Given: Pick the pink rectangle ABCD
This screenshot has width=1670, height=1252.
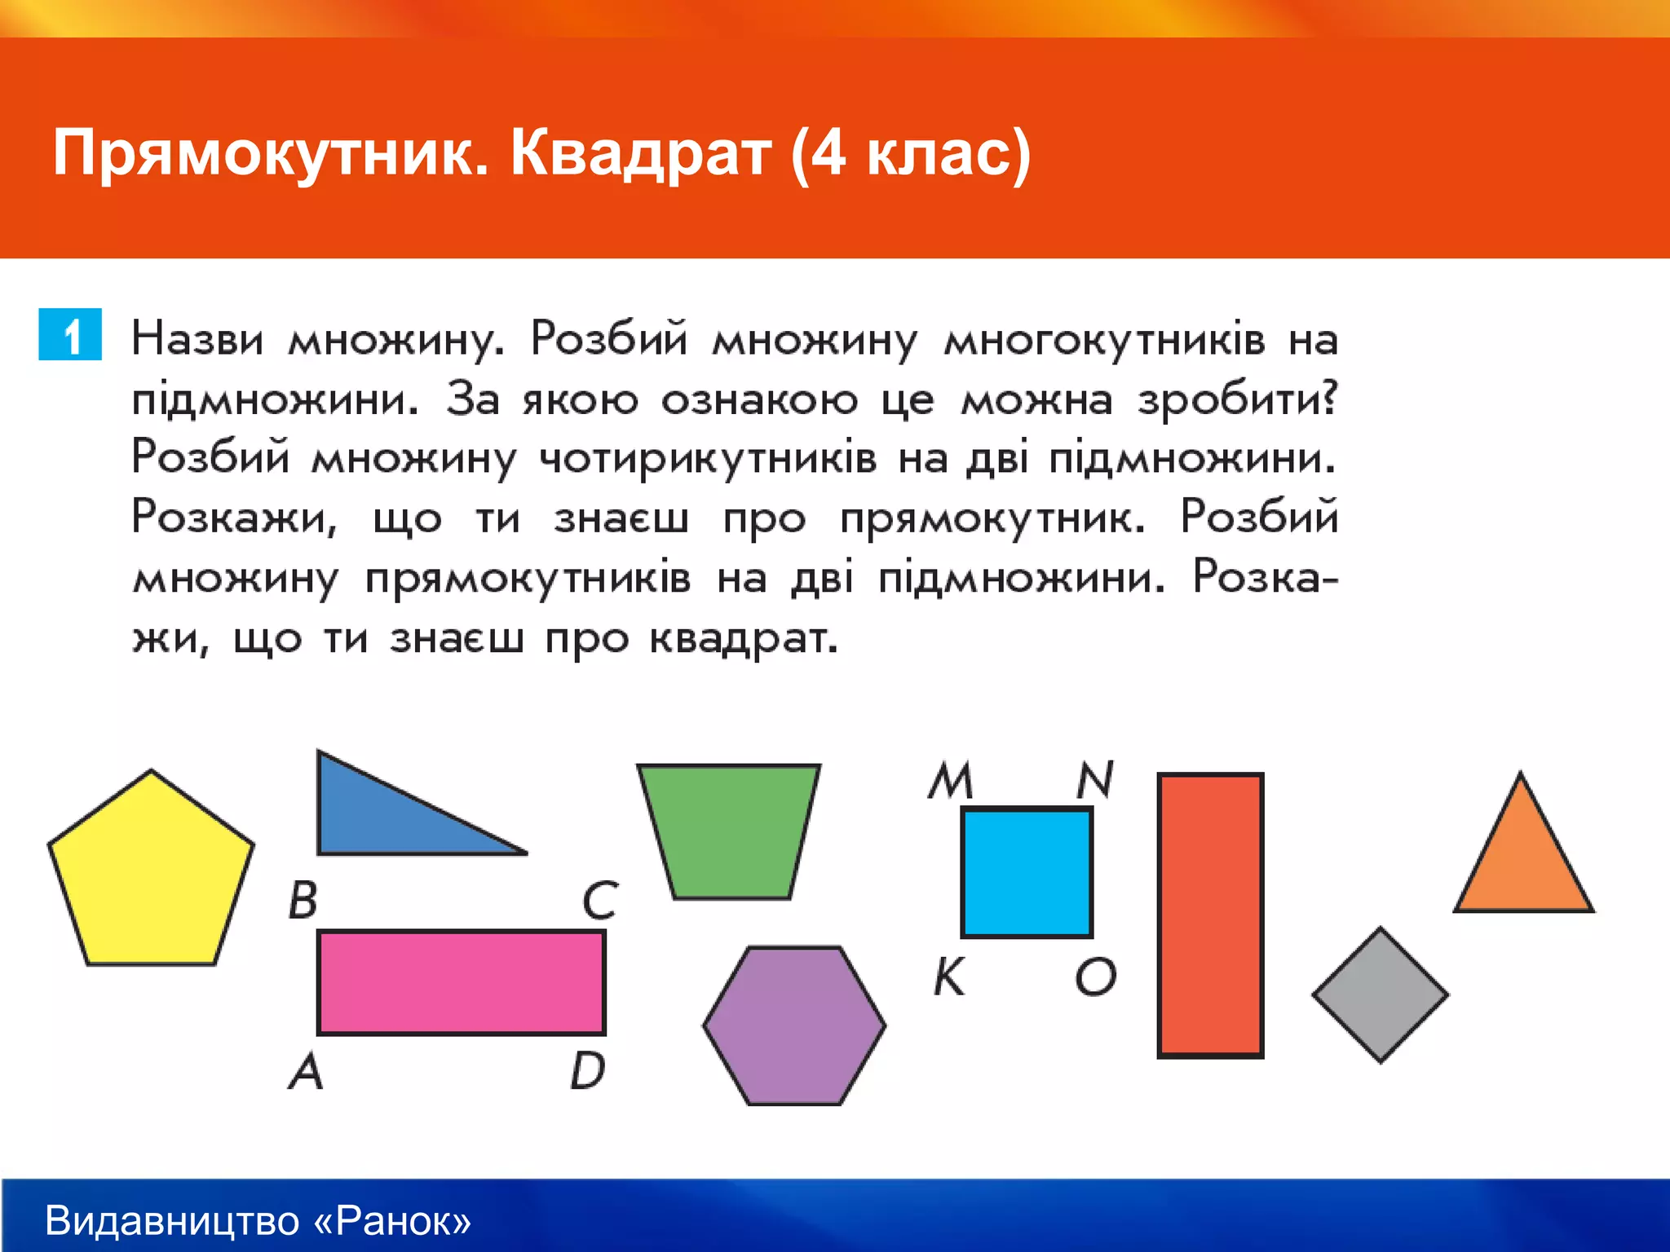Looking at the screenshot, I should click(461, 982).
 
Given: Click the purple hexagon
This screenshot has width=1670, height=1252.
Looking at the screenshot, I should click(794, 1025).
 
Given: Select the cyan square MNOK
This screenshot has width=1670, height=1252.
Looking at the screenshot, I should click(1027, 872).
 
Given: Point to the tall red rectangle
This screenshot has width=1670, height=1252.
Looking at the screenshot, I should click(1210, 915).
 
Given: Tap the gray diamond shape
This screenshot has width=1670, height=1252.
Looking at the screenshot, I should click(1380, 995).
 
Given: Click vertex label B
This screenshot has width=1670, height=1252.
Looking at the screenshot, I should click(303, 901).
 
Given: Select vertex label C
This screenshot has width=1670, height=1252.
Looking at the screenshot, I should click(600, 901).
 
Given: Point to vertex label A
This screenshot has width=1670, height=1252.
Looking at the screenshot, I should click(307, 1070).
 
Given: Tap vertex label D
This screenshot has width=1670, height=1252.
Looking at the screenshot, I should click(588, 1070).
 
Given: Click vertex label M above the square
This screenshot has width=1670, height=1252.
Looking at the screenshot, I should click(952, 780).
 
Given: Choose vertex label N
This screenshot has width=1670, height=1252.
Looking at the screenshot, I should click(1095, 780).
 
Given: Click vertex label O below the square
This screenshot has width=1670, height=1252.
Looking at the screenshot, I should click(1095, 976).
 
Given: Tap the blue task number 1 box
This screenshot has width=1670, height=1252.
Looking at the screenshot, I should click(70, 334).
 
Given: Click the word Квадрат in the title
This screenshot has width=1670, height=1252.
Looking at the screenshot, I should click(640, 153).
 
